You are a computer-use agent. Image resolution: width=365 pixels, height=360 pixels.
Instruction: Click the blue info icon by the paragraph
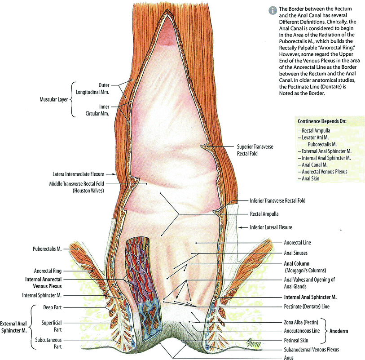[273, 9]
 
